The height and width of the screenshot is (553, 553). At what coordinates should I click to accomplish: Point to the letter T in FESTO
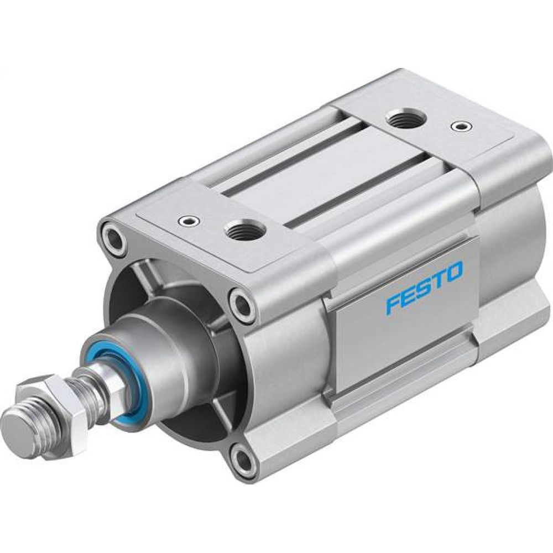pyautogui.click(x=439, y=280)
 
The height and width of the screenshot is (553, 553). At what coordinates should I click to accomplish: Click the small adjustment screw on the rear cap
pyautogui.click(x=457, y=126)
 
